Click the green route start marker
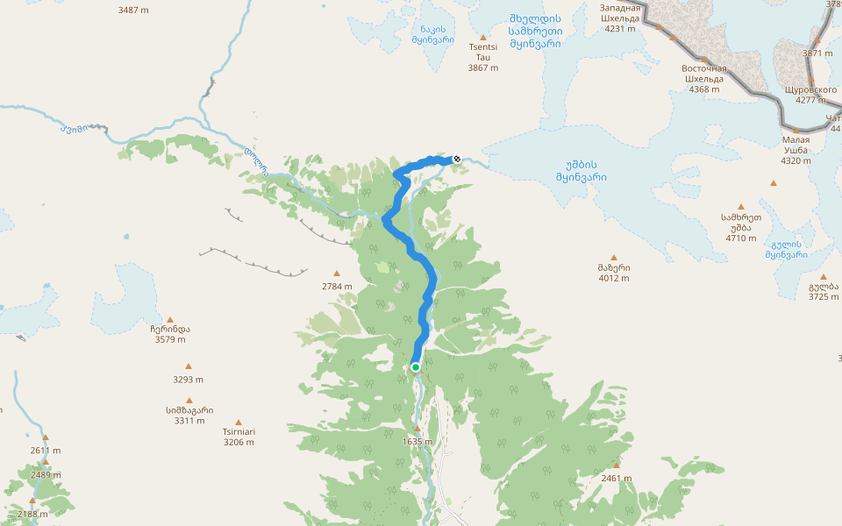[x=415, y=367]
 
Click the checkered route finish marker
[x=456, y=159]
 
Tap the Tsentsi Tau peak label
[x=482, y=57]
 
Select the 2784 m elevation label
[x=336, y=287]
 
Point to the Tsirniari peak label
[x=239, y=437]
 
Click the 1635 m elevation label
[x=417, y=442]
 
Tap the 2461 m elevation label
[x=617, y=479]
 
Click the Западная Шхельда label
[x=619, y=17]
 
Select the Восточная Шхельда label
[x=704, y=78]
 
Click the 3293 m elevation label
[x=188, y=380]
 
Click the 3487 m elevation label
[x=133, y=11]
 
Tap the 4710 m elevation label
[x=740, y=238]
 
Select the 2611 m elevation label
[x=46, y=451]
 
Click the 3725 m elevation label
[x=824, y=297]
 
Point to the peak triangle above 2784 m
[x=336, y=274]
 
